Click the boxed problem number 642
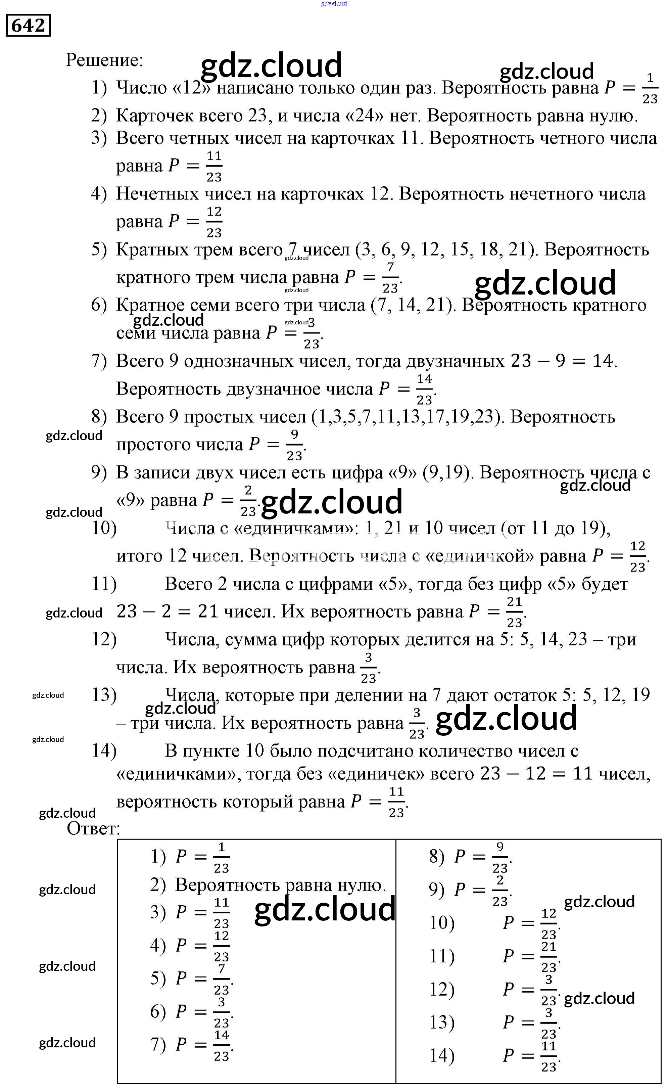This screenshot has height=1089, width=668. pyautogui.click(x=28, y=25)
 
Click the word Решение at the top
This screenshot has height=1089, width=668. pyautogui.click(x=104, y=60)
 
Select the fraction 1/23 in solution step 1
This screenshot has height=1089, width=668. pyautogui.click(x=650, y=88)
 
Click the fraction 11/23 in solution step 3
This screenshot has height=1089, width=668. pyautogui.click(x=214, y=166)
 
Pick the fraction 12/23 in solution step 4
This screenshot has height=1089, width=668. pyautogui.click(x=214, y=222)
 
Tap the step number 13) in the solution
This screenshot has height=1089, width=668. pyautogui.click(x=104, y=695)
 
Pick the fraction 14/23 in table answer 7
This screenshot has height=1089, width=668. pyautogui.click(x=221, y=1046)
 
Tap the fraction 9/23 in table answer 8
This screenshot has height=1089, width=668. pyautogui.click(x=500, y=857)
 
